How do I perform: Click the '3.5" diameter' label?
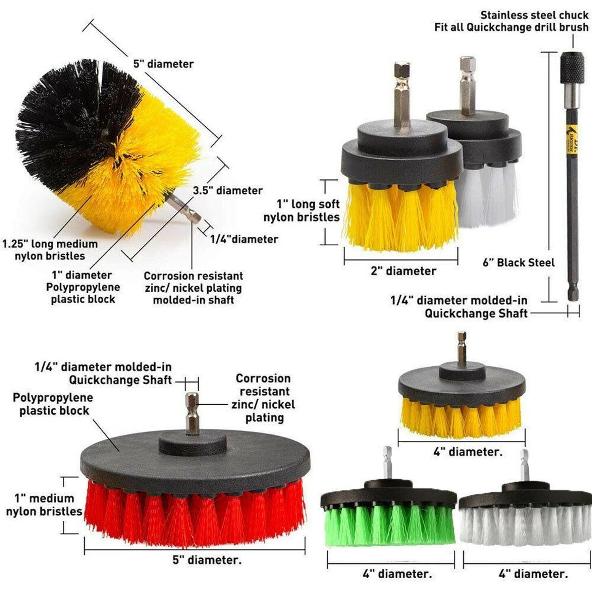(x=228, y=191)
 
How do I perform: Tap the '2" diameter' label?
(x=403, y=271)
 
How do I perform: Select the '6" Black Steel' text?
(x=518, y=263)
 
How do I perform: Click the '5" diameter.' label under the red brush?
(x=207, y=560)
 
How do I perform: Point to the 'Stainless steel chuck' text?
(x=534, y=15)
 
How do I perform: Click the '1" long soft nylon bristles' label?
(x=302, y=211)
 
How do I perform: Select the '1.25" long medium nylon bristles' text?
(x=50, y=250)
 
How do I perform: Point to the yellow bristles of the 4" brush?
(x=461, y=417)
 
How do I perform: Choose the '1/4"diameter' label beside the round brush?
(x=244, y=239)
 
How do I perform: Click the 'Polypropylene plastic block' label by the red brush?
(x=53, y=404)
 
